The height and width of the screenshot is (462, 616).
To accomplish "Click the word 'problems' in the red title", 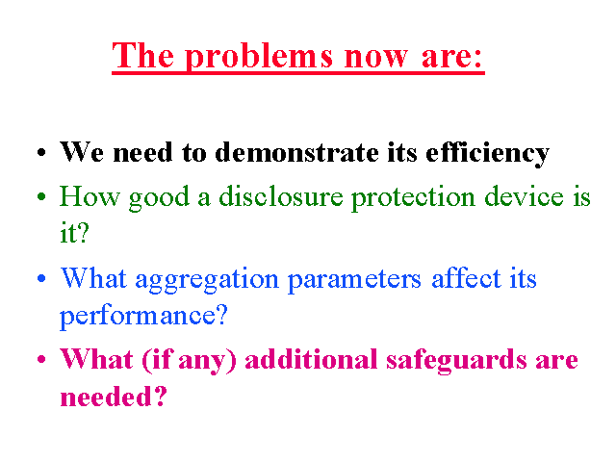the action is click(259, 58).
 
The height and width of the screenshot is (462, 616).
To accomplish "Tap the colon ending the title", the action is click(477, 59).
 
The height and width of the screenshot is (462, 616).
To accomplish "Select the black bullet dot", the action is click(41, 153).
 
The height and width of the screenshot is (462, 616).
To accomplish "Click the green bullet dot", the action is click(41, 196).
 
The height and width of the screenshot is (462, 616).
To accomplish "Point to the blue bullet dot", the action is click(41, 278).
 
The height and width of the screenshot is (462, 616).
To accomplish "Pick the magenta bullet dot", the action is click(41, 359).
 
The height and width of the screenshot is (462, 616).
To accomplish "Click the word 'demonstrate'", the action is click(296, 152).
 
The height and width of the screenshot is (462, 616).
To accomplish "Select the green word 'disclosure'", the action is click(281, 196).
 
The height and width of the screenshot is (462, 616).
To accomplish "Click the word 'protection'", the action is click(413, 198).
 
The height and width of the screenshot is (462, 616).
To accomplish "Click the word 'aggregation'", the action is click(207, 280).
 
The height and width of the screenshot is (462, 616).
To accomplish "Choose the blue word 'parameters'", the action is click(354, 280).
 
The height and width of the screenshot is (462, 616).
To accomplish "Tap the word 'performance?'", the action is click(143, 317).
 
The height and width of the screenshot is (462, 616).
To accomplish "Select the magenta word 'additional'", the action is click(311, 359).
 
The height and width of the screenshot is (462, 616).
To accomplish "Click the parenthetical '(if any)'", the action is click(189, 361).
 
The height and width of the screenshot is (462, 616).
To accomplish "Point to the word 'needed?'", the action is click(114, 396).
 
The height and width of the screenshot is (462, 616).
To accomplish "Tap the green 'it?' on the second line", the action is click(74, 233).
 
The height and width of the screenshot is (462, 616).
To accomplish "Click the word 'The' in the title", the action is click(143, 55).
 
